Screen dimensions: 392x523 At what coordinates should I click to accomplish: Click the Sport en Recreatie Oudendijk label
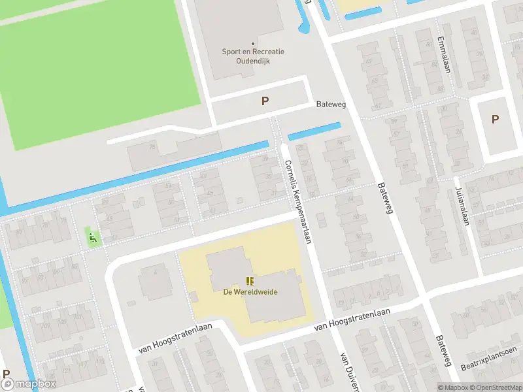point(246,56)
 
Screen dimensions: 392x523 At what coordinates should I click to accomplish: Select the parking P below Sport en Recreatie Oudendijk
point(265,101)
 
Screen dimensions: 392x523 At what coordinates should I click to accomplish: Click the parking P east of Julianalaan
point(495,119)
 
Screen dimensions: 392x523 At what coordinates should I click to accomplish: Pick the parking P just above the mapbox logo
point(7,374)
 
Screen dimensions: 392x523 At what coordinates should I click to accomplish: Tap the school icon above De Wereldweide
point(249,281)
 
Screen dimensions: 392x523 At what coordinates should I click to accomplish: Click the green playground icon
point(92,238)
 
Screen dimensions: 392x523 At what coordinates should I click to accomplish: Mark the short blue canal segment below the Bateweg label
point(314,131)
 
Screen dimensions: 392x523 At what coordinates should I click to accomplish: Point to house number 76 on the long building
point(153,148)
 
